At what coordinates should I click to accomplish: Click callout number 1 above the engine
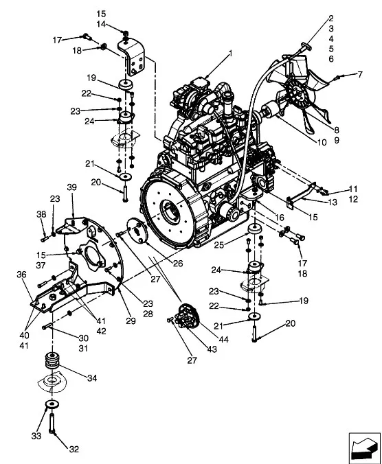230,54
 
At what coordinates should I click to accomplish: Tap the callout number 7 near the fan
360,74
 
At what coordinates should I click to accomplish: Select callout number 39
71,187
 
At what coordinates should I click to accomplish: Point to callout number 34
92,378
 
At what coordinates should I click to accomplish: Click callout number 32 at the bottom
74,449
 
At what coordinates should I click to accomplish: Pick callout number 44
223,339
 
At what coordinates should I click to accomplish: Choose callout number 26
178,263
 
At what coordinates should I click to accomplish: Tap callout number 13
333,202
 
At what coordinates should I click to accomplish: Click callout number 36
21,275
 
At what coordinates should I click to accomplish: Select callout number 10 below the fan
322,142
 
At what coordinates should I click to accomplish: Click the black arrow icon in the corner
364,448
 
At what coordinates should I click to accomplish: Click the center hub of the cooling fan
297,95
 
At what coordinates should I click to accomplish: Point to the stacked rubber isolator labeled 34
52,360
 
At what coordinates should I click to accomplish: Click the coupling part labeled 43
186,316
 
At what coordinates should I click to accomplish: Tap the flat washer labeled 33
52,404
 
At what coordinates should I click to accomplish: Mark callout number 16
279,218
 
